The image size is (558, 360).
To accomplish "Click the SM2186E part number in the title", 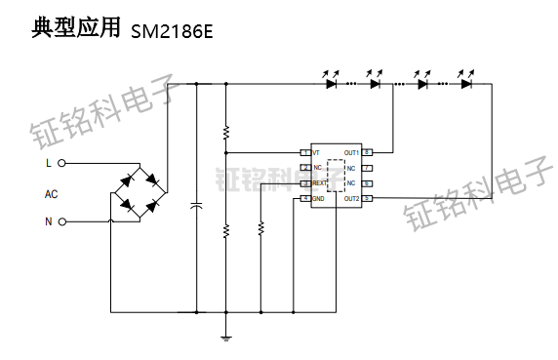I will [171, 32].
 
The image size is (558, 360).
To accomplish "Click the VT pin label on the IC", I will [316, 153].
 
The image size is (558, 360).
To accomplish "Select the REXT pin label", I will [320, 183].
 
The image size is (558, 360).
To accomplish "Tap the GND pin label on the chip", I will [318, 199].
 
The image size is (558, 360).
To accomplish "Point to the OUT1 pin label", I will [351, 153].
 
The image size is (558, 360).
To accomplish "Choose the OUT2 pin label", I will [351, 199].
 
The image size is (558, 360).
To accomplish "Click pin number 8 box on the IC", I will [367, 153].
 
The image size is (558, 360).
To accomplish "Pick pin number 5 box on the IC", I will [367, 199].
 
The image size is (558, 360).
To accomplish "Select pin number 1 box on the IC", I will [304, 153].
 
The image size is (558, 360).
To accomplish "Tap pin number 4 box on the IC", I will [304, 199].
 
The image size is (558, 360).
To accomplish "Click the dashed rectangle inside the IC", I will [337, 176].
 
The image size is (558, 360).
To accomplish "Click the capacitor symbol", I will [197, 206].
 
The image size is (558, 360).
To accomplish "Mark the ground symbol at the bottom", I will [226, 337].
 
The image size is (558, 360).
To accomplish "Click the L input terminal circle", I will [62, 163].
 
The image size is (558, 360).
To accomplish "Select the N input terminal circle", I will [62, 221].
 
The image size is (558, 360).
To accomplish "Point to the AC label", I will [51, 193].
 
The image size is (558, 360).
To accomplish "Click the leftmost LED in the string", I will [331, 84].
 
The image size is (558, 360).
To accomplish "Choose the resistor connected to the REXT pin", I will [260, 228].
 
